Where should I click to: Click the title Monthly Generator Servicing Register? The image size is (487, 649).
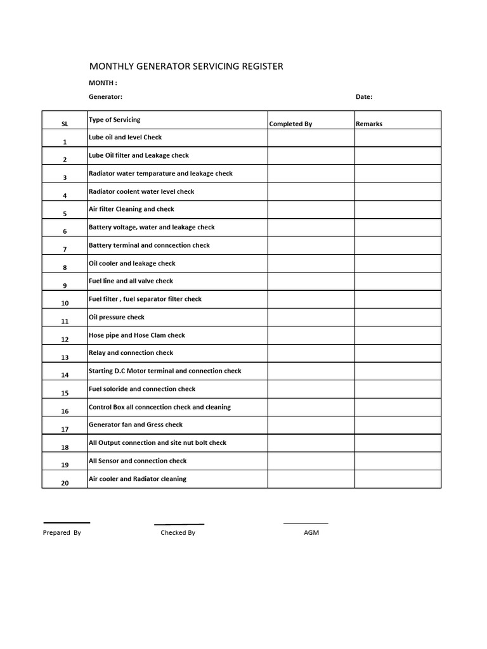(186, 66)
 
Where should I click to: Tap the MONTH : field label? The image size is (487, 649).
(103, 83)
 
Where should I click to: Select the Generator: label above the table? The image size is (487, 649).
(105, 97)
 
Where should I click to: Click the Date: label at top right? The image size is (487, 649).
(364, 97)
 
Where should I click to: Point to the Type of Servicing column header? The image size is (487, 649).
(115, 119)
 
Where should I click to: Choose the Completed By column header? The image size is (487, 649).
(290, 124)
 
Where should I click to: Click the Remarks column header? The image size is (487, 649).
(369, 124)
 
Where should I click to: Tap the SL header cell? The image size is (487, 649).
(65, 124)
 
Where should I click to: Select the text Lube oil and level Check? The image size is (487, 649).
(126, 137)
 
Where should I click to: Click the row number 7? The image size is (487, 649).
(65, 250)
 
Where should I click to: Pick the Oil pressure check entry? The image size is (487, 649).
(117, 317)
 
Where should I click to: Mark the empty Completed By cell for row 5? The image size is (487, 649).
(311, 210)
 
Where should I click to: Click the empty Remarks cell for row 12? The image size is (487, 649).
(398, 335)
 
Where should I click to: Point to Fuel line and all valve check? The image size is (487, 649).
(131, 281)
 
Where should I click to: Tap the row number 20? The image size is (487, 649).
(65, 483)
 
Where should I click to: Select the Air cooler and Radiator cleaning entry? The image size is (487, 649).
(138, 479)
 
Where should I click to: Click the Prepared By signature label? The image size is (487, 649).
(62, 533)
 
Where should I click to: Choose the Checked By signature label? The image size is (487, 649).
(178, 533)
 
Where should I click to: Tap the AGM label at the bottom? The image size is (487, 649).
(311, 533)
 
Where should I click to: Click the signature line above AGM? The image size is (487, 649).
(306, 524)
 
